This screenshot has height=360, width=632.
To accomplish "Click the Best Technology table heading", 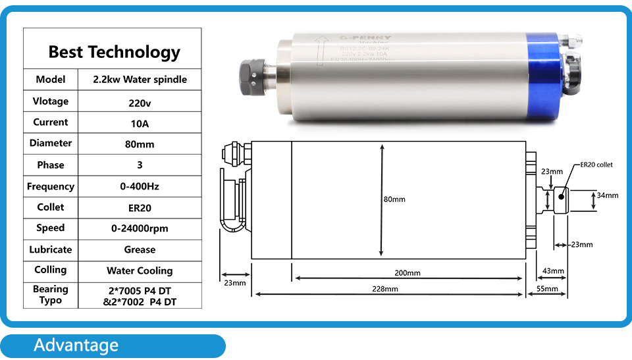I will pos(114,51).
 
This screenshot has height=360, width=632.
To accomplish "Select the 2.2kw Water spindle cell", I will pos(140,80).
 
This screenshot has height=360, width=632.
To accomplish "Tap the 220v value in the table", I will pos(140,102).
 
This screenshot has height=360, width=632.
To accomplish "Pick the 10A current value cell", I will pos(140,123).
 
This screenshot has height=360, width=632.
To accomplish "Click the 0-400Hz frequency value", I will pos(140,186).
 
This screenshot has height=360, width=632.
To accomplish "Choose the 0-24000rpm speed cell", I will pos(140,228).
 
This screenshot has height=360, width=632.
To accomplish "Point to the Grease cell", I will pos(140,249).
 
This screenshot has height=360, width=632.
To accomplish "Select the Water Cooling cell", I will pos(140,270).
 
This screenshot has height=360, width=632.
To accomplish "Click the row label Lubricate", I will pos(51,249).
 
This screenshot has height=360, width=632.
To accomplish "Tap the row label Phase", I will pos(51,165).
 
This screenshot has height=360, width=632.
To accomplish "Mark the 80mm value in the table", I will pos(140,144).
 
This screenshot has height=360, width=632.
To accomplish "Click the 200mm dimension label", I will pos(408,273).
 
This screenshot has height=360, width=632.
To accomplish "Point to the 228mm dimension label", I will pos(385,289).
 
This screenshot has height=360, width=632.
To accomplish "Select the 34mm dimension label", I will pos(608,195).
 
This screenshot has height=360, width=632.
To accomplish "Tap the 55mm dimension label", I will pos(548,289).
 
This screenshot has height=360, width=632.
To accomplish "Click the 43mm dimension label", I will pos(553,271).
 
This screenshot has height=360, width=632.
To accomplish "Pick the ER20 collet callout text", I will pos(596,165).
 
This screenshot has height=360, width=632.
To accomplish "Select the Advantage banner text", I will pos(76,346).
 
